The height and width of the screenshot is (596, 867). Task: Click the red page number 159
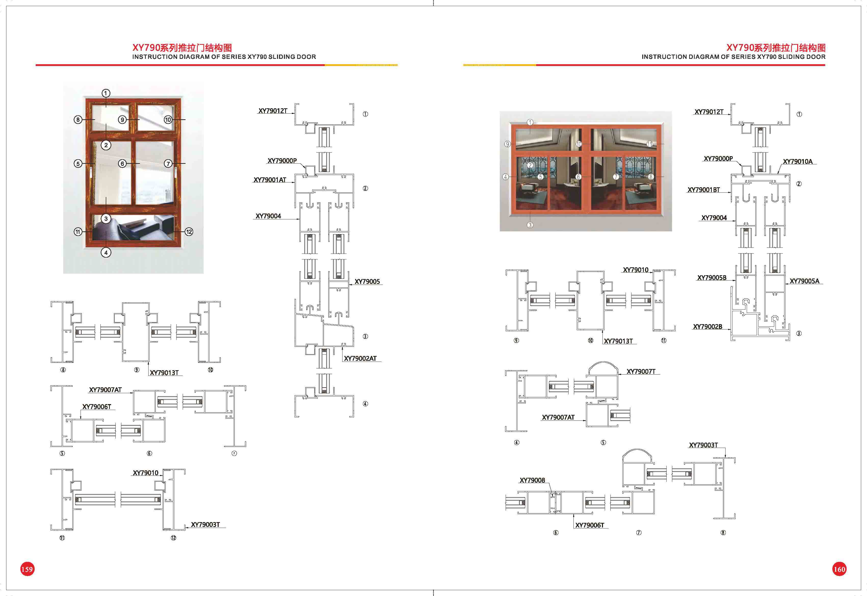[27, 569]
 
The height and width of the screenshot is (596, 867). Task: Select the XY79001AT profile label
[270, 180]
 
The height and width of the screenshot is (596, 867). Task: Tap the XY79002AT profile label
[360, 359]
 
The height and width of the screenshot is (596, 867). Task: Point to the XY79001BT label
[704, 190]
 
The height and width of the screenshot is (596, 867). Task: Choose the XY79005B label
[712, 278]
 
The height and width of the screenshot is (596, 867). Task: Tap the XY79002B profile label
[707, 327]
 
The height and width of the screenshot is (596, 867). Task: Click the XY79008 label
[532, 480]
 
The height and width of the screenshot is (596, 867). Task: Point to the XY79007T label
[641, 372]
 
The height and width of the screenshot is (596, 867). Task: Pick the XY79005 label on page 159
[367, 282]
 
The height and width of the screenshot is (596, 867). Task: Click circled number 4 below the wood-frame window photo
[106, 253]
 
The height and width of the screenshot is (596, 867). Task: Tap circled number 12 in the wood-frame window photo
[189, 232]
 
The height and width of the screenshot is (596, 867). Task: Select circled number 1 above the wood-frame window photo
[106, 93]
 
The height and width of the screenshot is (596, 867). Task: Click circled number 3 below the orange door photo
[530, 225]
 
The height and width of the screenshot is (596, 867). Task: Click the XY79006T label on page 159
[97, 407]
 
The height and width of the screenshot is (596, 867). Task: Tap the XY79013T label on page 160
[618, 341]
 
